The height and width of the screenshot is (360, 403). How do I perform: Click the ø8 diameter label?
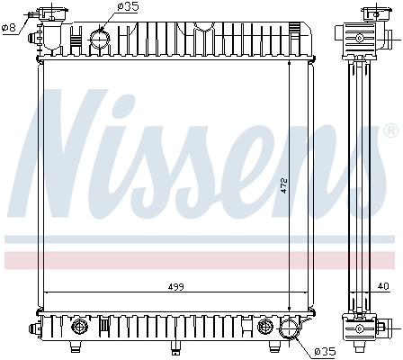tap(10, 28)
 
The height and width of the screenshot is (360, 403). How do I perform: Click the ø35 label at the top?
tap(128, 7)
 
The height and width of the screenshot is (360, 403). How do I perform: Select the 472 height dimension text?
tap(283, 185)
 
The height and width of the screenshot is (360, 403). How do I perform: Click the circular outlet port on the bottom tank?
tap(290, 329)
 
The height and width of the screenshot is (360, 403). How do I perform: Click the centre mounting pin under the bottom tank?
tap(174, 346)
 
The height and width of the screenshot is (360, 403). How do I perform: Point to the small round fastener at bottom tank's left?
tap(78, 324)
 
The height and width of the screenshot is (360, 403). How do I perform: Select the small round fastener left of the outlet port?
tap(265, 324)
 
